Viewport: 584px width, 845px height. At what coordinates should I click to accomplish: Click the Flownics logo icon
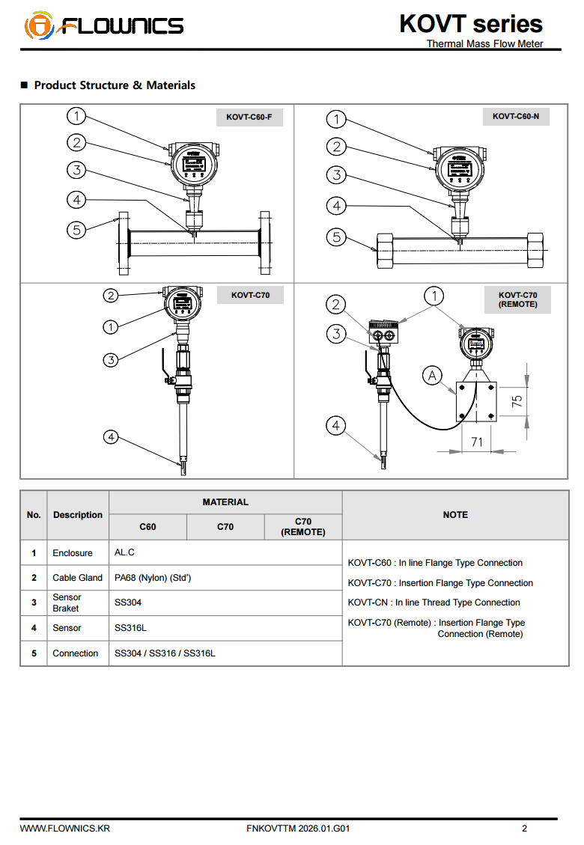click(x=39, y=27)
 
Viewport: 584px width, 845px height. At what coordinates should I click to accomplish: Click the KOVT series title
click(x=470, y=24)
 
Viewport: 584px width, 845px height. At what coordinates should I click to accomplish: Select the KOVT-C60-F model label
click(x=249, y=117)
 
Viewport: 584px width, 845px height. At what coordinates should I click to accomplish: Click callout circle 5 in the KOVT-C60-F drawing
click(x=76, y=230)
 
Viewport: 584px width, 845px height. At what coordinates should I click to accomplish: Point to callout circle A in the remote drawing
click(x=432, y=375)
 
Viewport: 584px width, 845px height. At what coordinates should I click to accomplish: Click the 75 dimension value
click(x=517, y=400)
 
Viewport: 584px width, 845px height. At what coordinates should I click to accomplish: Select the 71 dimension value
click(x=477, y=442)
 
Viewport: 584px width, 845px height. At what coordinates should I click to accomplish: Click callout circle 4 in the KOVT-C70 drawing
click(x=111, y=436)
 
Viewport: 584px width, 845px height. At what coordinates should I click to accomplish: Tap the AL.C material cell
click(x=124, y=552)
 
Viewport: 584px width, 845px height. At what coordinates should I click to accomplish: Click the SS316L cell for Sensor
click(x=130, y=628)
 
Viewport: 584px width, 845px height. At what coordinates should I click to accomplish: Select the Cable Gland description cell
click(x=77, y=578)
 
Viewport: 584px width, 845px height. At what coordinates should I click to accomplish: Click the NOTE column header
click(x=455, y=515)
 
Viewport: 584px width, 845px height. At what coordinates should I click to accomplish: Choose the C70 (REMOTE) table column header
click(x=302, y=527)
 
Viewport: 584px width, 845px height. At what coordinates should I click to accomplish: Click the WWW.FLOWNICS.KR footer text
click(x=65, y=829)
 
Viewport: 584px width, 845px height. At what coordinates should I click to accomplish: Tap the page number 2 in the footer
click(x=524, y=829)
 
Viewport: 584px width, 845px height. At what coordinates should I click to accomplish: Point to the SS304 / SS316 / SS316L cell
click(x=165, y=653)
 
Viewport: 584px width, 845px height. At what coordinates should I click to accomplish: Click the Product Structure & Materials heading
click(x=115, y=85)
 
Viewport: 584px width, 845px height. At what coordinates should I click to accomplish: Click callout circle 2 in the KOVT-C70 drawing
click(x=111, y=296)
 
